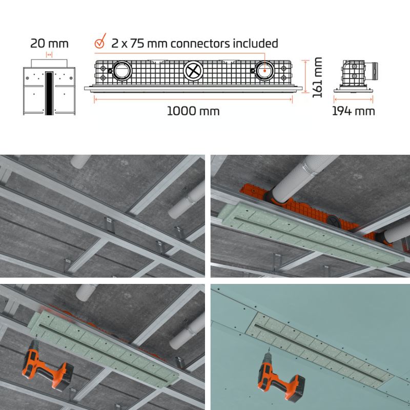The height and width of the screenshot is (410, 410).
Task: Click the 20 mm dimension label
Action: [49, 44]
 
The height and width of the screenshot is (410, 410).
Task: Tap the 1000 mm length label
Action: [193, 111]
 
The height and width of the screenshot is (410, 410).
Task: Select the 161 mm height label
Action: [317, 77]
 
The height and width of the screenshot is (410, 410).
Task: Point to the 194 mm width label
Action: [353, 111]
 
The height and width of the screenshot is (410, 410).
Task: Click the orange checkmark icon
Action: [100, 42]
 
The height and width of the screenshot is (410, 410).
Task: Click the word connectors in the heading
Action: [200, 44]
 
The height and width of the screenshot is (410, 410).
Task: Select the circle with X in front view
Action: [193, 71]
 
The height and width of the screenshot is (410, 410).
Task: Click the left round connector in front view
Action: [122, 71]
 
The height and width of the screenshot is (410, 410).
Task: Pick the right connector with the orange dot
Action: [264, 71]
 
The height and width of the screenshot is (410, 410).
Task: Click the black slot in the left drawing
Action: [49, 93]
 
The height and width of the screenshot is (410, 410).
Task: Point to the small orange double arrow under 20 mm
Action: [49, 55]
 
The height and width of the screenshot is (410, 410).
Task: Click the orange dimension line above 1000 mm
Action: [193, 99]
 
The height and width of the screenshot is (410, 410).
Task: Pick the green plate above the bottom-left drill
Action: [104, 347]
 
